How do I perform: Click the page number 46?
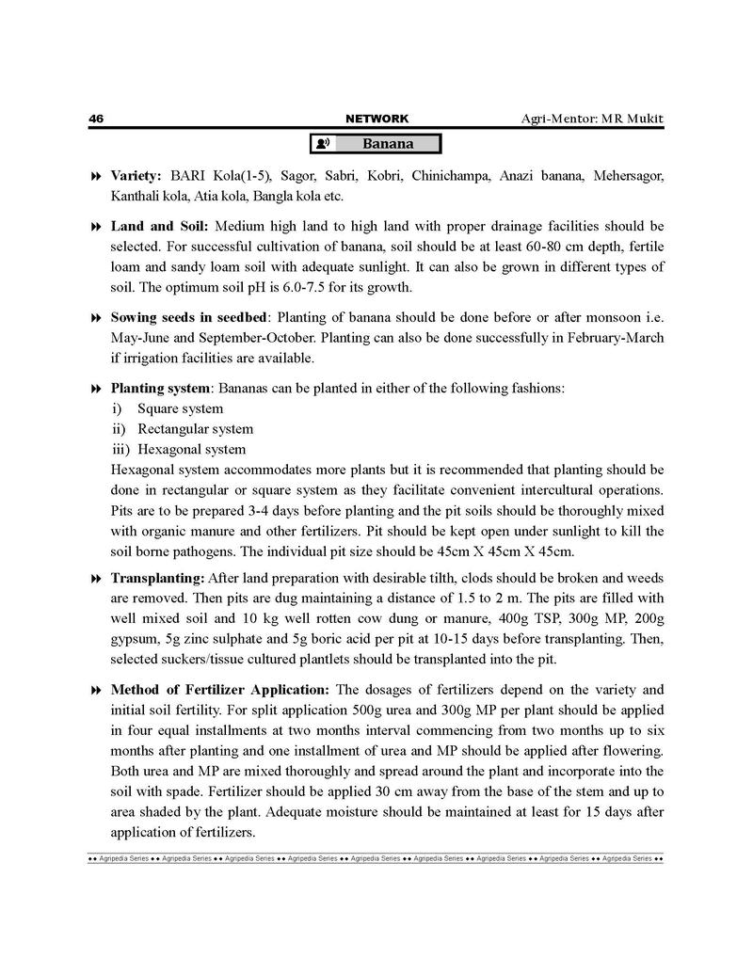tap(95, 119)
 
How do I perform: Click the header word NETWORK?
tap(377, 119)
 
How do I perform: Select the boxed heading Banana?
tap(389, 144)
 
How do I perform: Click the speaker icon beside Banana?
tap(324, 144)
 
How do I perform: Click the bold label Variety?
tap(136, 176)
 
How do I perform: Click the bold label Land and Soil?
tap(161, 227)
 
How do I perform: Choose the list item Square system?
tap(180, 408)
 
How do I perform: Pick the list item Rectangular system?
tap(195, 429)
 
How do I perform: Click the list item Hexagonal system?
tap(192, 449)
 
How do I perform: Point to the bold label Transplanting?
tap(157, 578)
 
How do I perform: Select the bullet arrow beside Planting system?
tap(95, 389)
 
